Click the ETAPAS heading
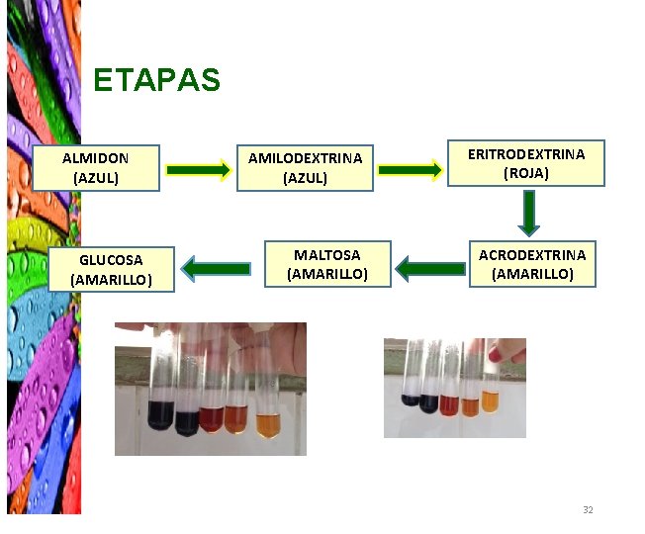[156, 80]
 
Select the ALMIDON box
[96, 168]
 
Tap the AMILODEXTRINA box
[305, 168]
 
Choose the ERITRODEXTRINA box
[525, 163]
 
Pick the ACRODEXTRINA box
[532, 264]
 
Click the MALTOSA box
[326, 264]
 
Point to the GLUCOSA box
[112, 269]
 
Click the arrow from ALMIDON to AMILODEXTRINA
[198, 171]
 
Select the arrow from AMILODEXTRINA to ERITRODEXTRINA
[410, 171]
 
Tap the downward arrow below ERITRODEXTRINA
[529, 213]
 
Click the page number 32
[588, 509]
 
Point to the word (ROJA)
[525, 173]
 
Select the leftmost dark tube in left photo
[157, 415]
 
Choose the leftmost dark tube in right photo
[411, 400]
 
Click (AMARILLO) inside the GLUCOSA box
[112, 279]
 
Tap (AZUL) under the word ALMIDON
[96, 178]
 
